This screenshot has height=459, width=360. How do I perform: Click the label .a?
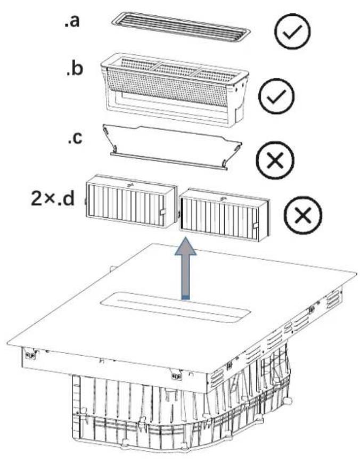pos(72,21)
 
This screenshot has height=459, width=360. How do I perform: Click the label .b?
pos(75,68)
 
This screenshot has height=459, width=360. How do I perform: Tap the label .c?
pos(75,137)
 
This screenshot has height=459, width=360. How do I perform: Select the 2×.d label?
pos(53,199)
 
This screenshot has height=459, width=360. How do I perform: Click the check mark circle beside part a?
pos(292,31)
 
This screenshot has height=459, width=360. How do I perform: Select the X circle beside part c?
pos(275,160)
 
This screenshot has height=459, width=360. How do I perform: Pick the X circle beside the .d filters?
pos(303,215)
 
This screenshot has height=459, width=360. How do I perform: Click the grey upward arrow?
pos(186,268)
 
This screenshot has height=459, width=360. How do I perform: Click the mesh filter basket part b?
pos(175,90)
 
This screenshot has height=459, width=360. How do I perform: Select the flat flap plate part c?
pos(173,146)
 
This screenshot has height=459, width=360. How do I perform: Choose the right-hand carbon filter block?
pos(224,215)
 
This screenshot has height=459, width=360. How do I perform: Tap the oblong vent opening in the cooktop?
pos(176,307)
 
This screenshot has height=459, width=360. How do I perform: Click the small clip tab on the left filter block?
pos(162,211)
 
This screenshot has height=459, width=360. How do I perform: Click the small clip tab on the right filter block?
pos(256,226)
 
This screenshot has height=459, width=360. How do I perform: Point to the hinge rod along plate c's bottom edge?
pos(169,161)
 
